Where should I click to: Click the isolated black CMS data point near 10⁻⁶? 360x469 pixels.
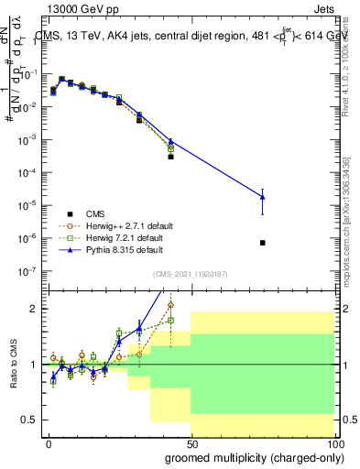(263, 243)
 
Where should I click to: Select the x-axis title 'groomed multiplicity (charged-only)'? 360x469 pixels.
(250, 457)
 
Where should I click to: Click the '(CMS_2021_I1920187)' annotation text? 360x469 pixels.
(190, 274)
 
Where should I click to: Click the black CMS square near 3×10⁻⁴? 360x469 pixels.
(170, 157)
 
